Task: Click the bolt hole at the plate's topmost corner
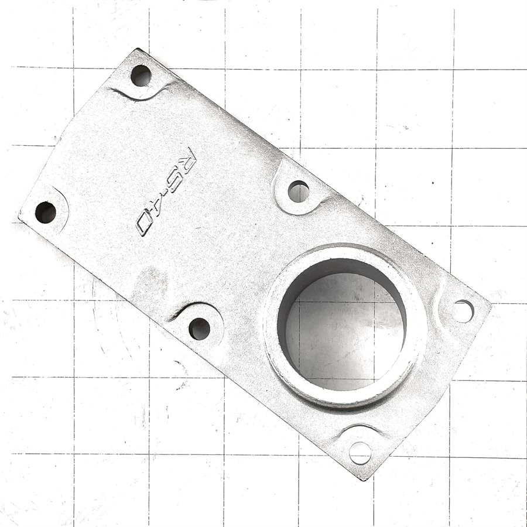click(141, 76)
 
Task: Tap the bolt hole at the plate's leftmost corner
click(46, 212)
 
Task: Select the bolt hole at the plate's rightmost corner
click(463, 311)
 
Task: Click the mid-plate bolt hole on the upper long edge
click(299, 191)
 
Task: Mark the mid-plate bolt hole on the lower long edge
click(200, 328)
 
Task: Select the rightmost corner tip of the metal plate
click(491, 304)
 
